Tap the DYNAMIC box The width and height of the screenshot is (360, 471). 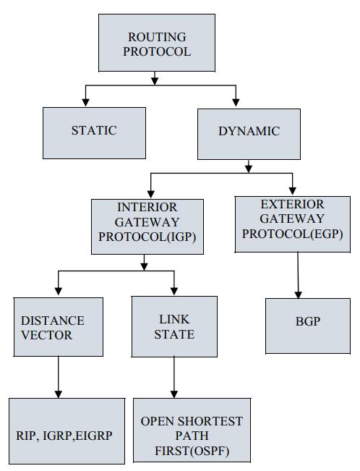coord(249,134)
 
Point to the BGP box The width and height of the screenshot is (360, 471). coord(308,323)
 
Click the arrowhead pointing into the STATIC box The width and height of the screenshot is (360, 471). coord(86,102)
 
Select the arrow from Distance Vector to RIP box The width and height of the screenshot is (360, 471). coord(58,376)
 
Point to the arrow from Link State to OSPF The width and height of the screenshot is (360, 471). coord(174,376)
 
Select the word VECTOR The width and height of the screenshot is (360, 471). coord(46,335)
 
